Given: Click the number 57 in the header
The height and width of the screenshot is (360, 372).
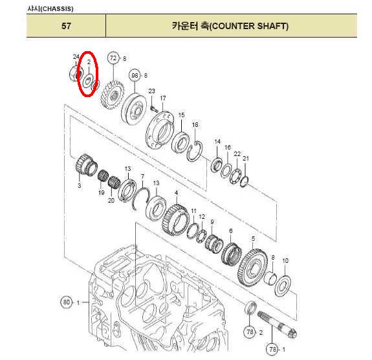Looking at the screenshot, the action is (66, 26).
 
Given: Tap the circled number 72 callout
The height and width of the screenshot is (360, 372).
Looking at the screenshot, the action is (113, 58).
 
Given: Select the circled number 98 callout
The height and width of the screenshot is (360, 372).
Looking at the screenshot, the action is (135, 75).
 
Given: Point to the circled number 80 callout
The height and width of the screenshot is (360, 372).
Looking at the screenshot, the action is (66, 302).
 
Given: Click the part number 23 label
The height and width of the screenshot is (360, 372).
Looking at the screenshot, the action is (151, 91).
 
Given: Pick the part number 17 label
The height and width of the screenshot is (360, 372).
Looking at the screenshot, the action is (163, 98).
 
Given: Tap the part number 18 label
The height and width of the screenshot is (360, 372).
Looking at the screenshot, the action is (195, 125).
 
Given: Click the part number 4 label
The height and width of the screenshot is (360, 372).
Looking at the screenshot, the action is (176, 193).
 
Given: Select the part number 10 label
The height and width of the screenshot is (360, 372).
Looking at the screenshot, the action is (285, 260).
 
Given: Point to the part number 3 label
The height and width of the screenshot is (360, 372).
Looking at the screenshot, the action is (80, 185).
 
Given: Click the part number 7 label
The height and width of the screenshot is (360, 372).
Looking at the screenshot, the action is (142, 176).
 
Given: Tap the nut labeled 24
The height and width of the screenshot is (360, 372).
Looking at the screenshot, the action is (76, 73).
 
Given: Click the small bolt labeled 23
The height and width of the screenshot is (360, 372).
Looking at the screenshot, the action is (154, 109).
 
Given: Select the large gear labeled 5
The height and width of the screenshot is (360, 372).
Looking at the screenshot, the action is (253, 267).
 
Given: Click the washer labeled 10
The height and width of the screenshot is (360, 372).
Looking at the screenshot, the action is (283, 286).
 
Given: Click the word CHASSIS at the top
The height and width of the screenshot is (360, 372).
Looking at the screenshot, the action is (57, 9).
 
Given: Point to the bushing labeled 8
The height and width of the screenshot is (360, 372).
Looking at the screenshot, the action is (270, 278).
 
